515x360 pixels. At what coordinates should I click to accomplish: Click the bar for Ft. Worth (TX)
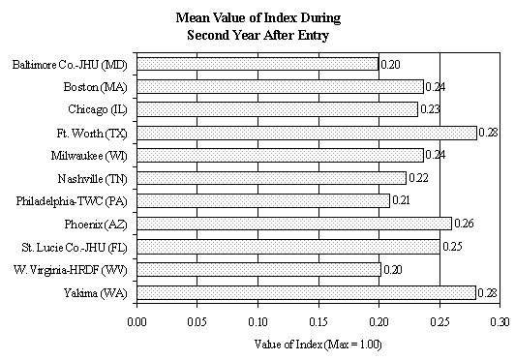[x=307, y=133]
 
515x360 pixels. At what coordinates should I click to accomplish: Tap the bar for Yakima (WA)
[x=306, y=292]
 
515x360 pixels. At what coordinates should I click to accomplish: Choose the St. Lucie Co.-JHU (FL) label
[x=73, y=247]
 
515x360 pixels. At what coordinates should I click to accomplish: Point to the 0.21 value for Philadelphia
[x=403, y=201]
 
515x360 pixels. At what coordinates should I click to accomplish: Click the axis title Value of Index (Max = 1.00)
[x=318, y=343]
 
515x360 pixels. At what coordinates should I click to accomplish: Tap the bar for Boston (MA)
[x=280, y=87]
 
